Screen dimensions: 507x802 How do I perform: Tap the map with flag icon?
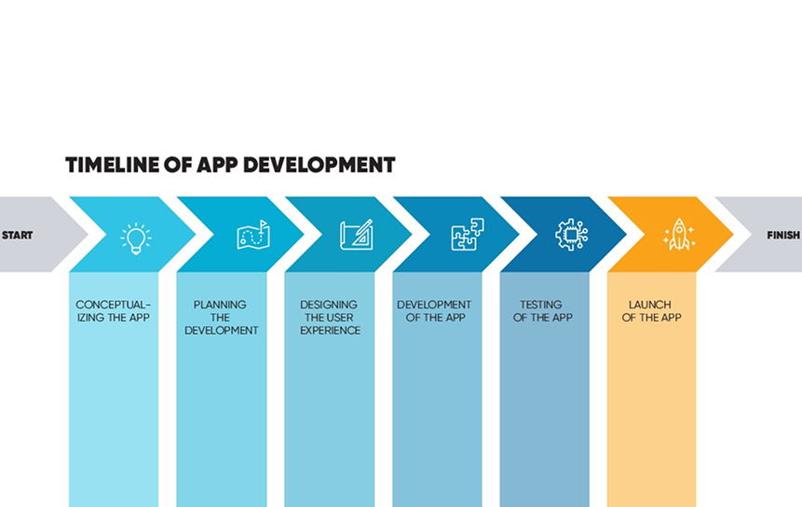tap(251, 235)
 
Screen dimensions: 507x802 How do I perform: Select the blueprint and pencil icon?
tap(357, 235)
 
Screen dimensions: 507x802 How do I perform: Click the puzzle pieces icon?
tap(466, 235)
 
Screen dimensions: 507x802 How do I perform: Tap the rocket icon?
tap(679, 235)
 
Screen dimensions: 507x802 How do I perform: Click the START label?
tap(17, 236)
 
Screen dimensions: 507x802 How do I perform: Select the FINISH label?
tap(783, 236)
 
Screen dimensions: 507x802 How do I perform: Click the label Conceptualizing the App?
tap(113, 311)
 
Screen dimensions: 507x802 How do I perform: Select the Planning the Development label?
tap(221, 318)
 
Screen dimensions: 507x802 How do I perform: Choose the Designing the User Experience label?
tap(330, 318)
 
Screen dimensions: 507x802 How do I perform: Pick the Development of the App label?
tap(434, 311)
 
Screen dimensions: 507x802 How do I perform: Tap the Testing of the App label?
tap(541, 311)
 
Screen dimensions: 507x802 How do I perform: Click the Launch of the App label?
tap(651, 311)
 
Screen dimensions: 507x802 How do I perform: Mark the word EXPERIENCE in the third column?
tap(330, 331)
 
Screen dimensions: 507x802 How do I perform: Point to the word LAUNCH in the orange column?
tap(650, 305)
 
